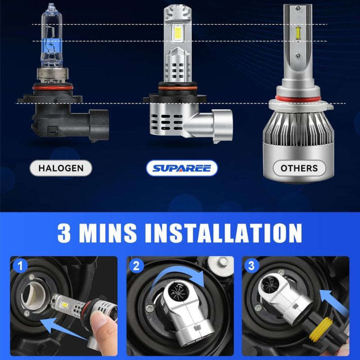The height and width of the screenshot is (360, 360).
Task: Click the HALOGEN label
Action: pos(60,168)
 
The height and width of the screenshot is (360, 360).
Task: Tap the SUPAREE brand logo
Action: pos(182,168)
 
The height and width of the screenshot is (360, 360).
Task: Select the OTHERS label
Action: pos(299,168)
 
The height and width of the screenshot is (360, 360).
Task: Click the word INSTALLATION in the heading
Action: pos(222,233)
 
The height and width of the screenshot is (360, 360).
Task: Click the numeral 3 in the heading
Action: pos(66,233)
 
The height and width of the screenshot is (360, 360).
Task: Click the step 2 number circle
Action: pos(135,266)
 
